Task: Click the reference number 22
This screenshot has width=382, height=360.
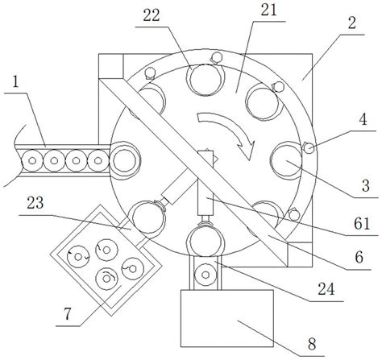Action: click(x=152, y=15)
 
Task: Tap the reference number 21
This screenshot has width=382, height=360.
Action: click(x=268, y=10)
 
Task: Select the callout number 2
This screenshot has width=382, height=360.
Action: click(x=352, y=23)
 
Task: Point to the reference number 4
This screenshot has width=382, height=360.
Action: click(x=363, y=119)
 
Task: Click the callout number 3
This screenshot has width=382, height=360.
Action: click(x=366, y=185)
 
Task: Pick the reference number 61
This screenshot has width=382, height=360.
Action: click(x=362, y=223)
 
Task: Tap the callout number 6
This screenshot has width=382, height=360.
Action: click(x=359, y=257)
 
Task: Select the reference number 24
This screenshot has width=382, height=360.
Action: click(x=326, y=289)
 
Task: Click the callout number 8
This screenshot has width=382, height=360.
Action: click(x=312, y=344)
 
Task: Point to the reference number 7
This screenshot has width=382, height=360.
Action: click(x=68, y=314)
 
